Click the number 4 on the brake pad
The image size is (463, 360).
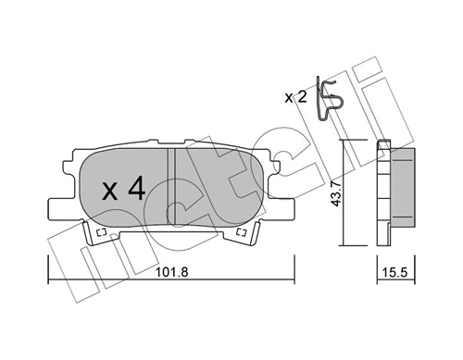[x=135, y=190]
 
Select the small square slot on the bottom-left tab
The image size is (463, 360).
[x=94, y=238]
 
